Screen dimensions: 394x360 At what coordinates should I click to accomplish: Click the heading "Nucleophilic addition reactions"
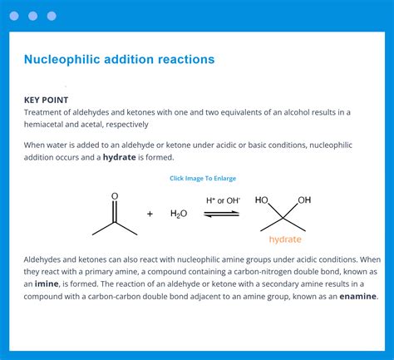(x=119, y=60)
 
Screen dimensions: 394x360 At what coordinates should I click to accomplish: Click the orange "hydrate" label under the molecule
(x=285, y=239)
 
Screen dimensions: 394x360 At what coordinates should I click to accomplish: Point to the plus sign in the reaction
(x=150, y=214)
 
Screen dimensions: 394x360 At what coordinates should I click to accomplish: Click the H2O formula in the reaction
(x=179, y=214)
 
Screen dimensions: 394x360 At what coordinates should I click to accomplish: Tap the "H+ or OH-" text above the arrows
(x=222, y=200)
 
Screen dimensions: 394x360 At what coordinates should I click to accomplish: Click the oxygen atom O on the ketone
(x=115, y=197)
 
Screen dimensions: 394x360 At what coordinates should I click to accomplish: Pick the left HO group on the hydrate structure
(x=262, y=200)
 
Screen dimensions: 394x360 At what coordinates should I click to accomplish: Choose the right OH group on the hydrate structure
(x=304, y=200)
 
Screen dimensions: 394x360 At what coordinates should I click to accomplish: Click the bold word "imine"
(x=47, y=284)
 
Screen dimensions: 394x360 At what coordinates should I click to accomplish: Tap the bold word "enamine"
(x=357, y=296)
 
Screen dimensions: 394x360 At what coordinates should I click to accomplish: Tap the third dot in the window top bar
(x=52, y=16)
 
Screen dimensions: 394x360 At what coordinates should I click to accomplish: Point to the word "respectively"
(x=122, y=125)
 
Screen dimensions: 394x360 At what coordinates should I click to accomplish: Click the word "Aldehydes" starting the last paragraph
(x=47, y=259)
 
